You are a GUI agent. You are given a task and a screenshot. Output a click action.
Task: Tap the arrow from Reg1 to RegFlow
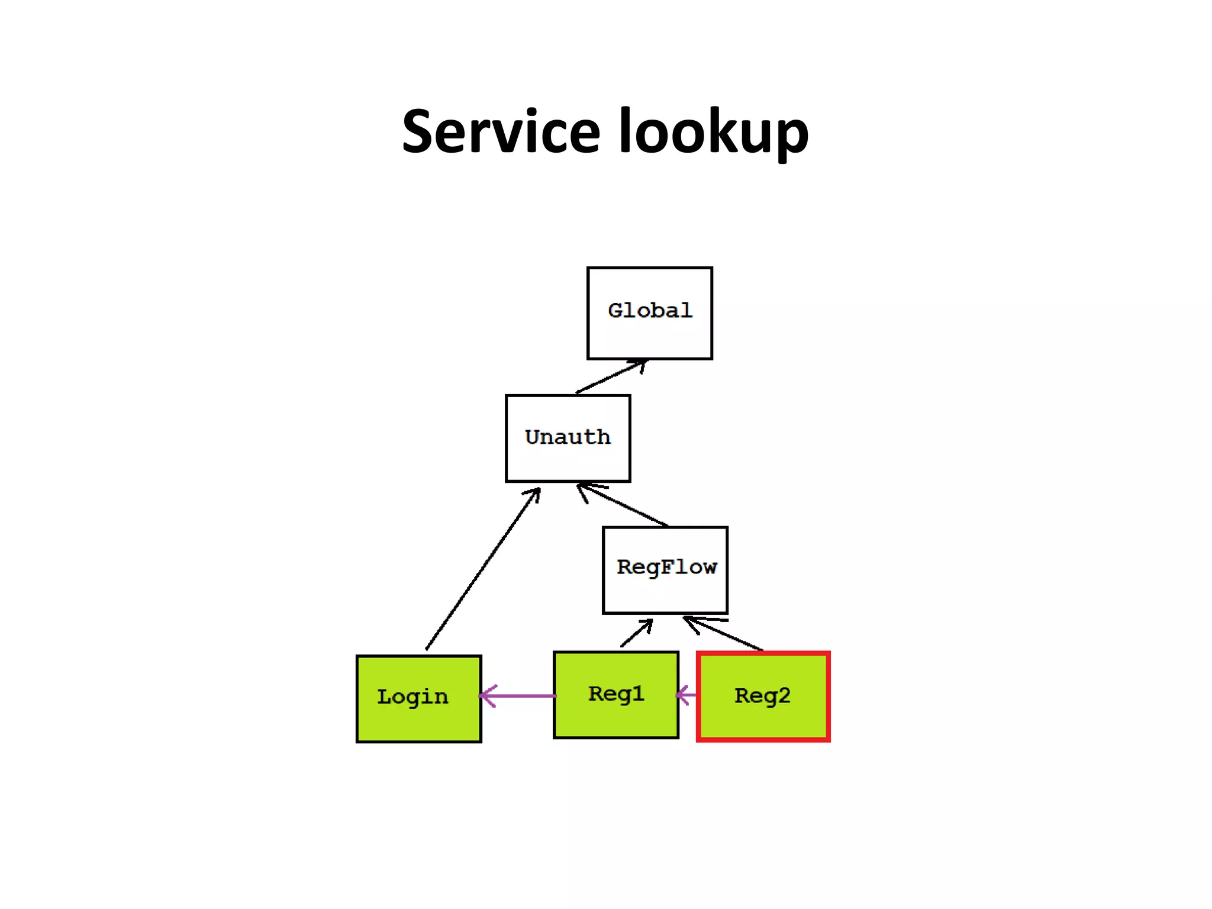637,633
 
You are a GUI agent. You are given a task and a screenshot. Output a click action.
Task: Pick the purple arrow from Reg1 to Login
518,696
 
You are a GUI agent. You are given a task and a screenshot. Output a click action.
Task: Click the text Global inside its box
650,311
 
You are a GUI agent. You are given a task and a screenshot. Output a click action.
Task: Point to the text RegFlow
666,567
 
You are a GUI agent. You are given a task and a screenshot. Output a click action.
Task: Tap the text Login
412,697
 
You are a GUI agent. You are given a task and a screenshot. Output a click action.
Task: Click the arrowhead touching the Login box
486,696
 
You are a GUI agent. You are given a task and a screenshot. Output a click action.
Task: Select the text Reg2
762,696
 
